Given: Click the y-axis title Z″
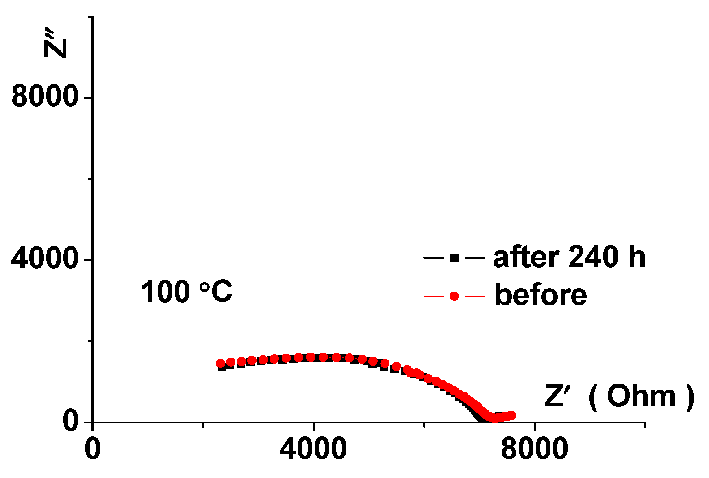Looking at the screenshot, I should (x=55, y=43).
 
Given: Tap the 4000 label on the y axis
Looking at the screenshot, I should (x=45, y=259).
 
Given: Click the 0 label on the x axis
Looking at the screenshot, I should (x=93, y=449).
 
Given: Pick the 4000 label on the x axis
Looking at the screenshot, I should (x=313, y=449).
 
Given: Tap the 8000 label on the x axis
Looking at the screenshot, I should (x=534, y=449).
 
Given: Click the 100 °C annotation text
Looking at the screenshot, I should (x=187, y=292).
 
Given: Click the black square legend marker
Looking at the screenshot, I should (x=454, y=258).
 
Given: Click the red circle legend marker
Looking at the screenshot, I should (x=454, y=296).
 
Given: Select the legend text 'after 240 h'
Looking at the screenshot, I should (x=569, y=257).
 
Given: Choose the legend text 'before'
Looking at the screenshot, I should (x=541, y=295).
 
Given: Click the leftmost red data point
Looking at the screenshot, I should (x=220, y=363).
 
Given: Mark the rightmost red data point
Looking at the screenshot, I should (x=512, y=415).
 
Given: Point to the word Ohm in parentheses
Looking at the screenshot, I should (x=641, y=396).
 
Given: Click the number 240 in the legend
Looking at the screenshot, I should (x=594, y=257).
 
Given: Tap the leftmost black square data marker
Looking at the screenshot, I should (x=222, y=366).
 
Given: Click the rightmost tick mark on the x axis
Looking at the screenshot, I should (x=645, y=425).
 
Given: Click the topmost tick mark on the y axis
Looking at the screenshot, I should (x=90, y=17).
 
